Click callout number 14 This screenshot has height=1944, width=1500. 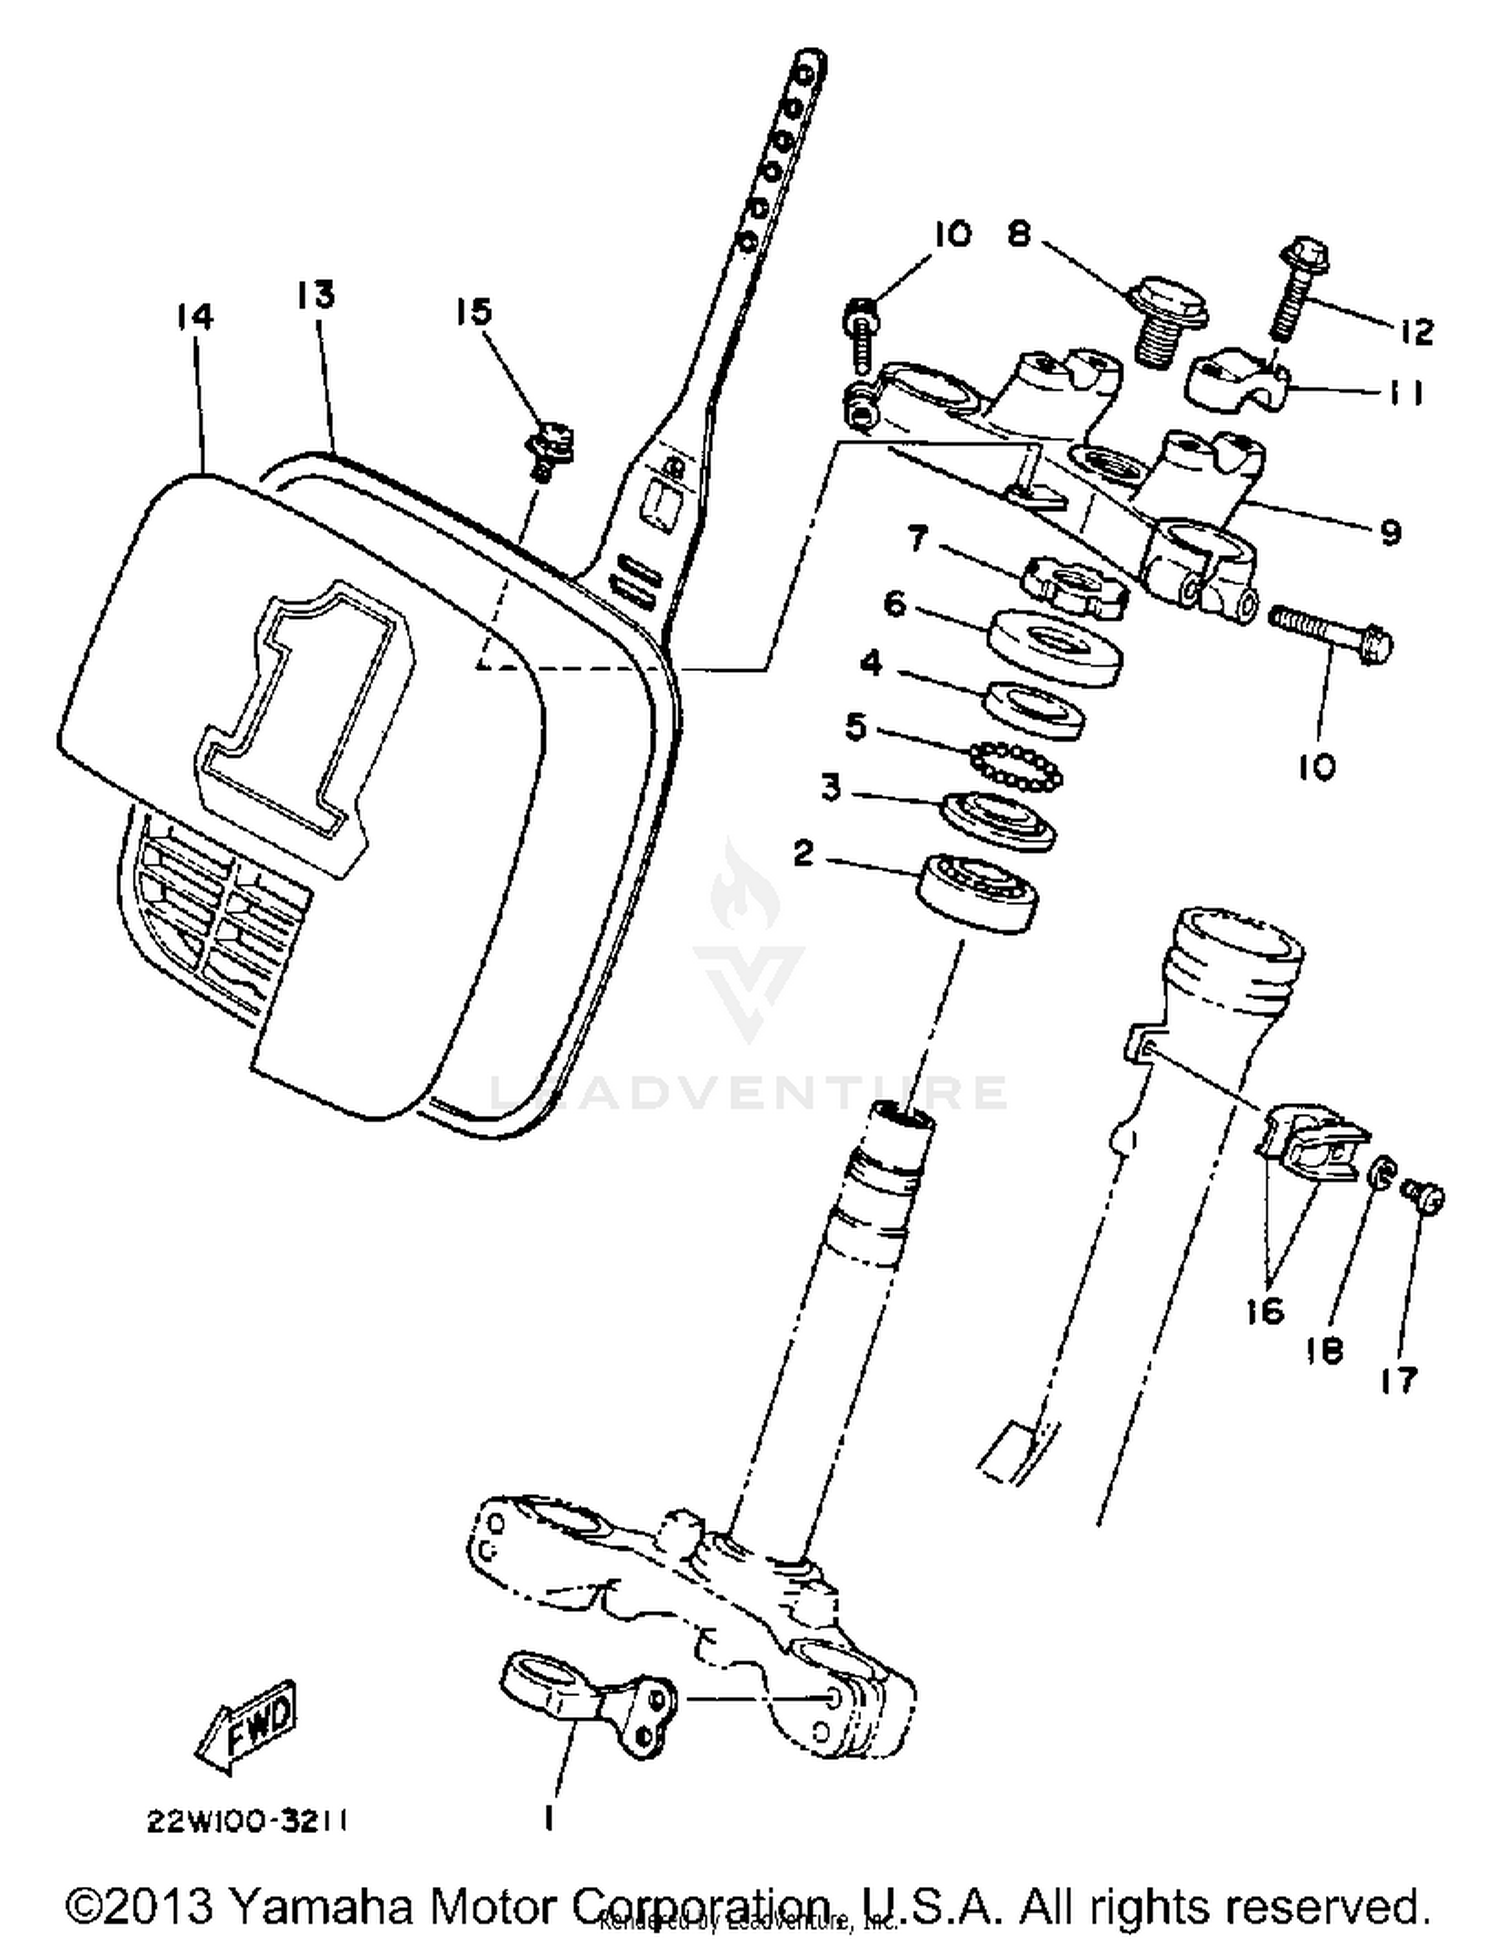pos(194,317)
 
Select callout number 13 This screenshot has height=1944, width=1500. pos(315,295)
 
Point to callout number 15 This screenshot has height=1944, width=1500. pos(474,311)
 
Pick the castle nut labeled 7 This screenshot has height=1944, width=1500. pos(1073,588)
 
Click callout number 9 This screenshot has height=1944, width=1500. pos(1390,531)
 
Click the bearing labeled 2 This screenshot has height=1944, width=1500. pos(978,892)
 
